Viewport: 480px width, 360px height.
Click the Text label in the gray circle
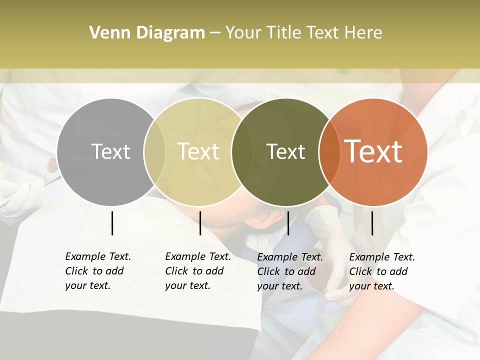click(110, 151)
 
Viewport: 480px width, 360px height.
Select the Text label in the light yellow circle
click(198, 151)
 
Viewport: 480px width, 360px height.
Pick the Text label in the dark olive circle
click(285, 151)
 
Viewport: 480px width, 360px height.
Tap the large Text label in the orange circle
click(373, 151)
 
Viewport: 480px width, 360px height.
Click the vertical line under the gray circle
click(112, 223)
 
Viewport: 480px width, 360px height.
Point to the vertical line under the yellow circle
click(200, 223)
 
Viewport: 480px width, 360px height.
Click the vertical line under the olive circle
click(288, 223)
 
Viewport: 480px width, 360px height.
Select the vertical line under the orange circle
click(372, 223)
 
